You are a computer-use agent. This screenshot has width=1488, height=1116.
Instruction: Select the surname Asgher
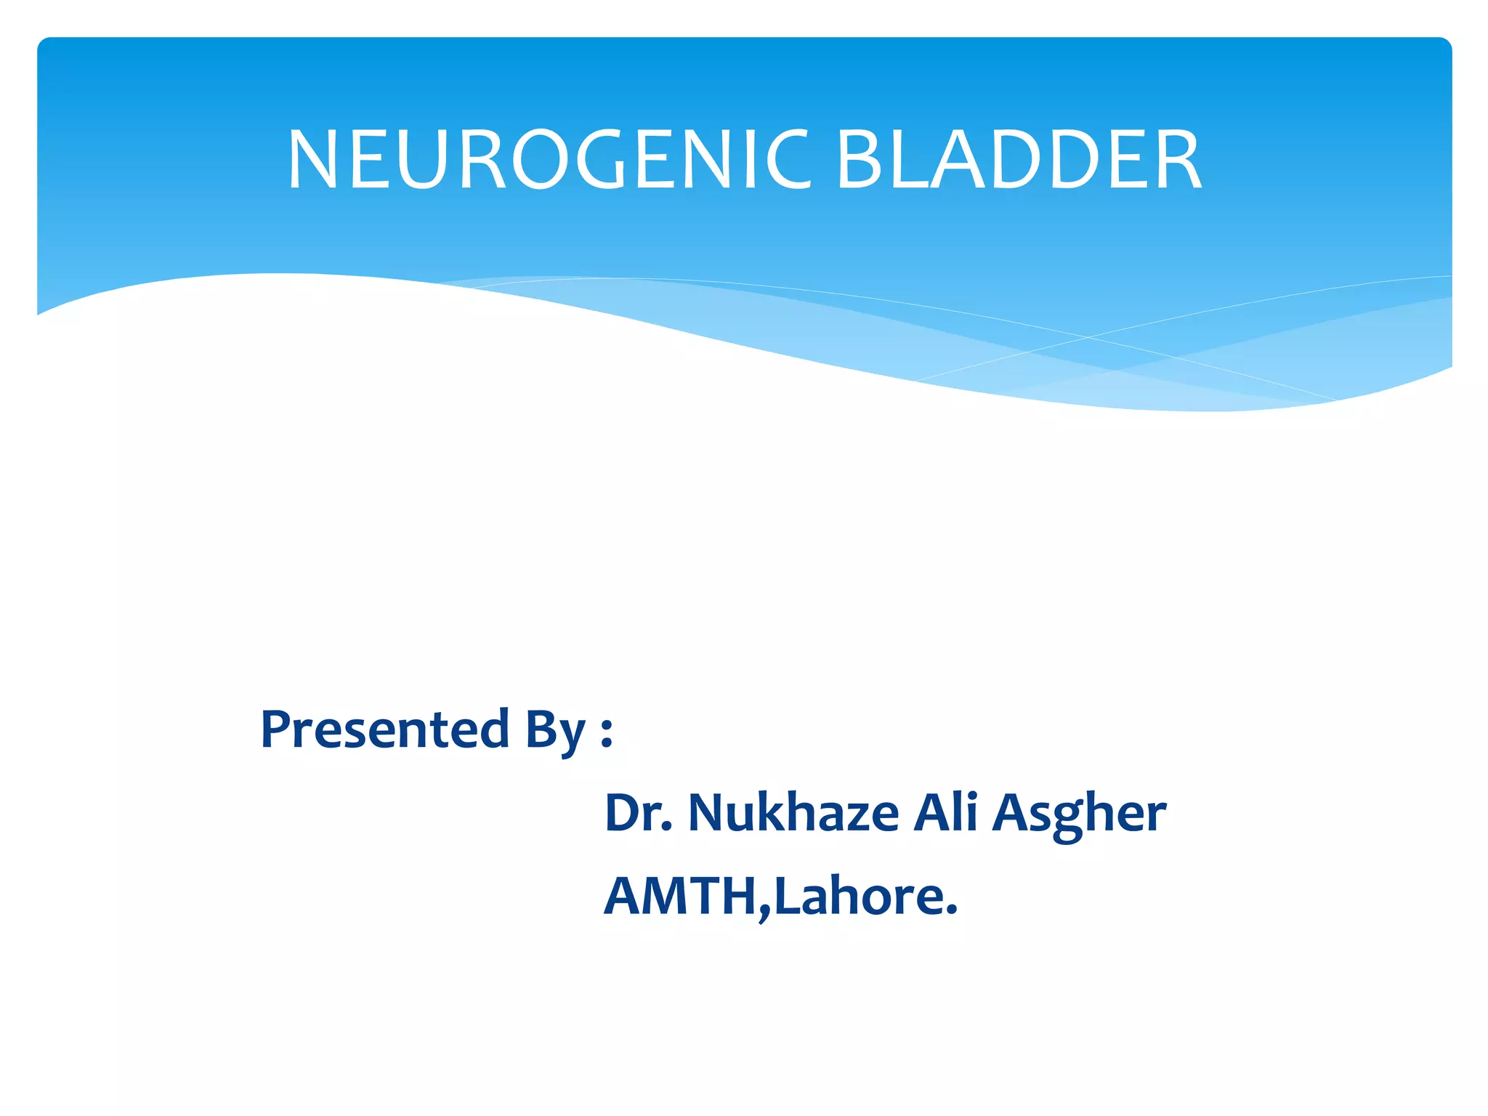click(1080, 814)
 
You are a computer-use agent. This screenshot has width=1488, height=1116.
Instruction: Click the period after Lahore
click(953, 911)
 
